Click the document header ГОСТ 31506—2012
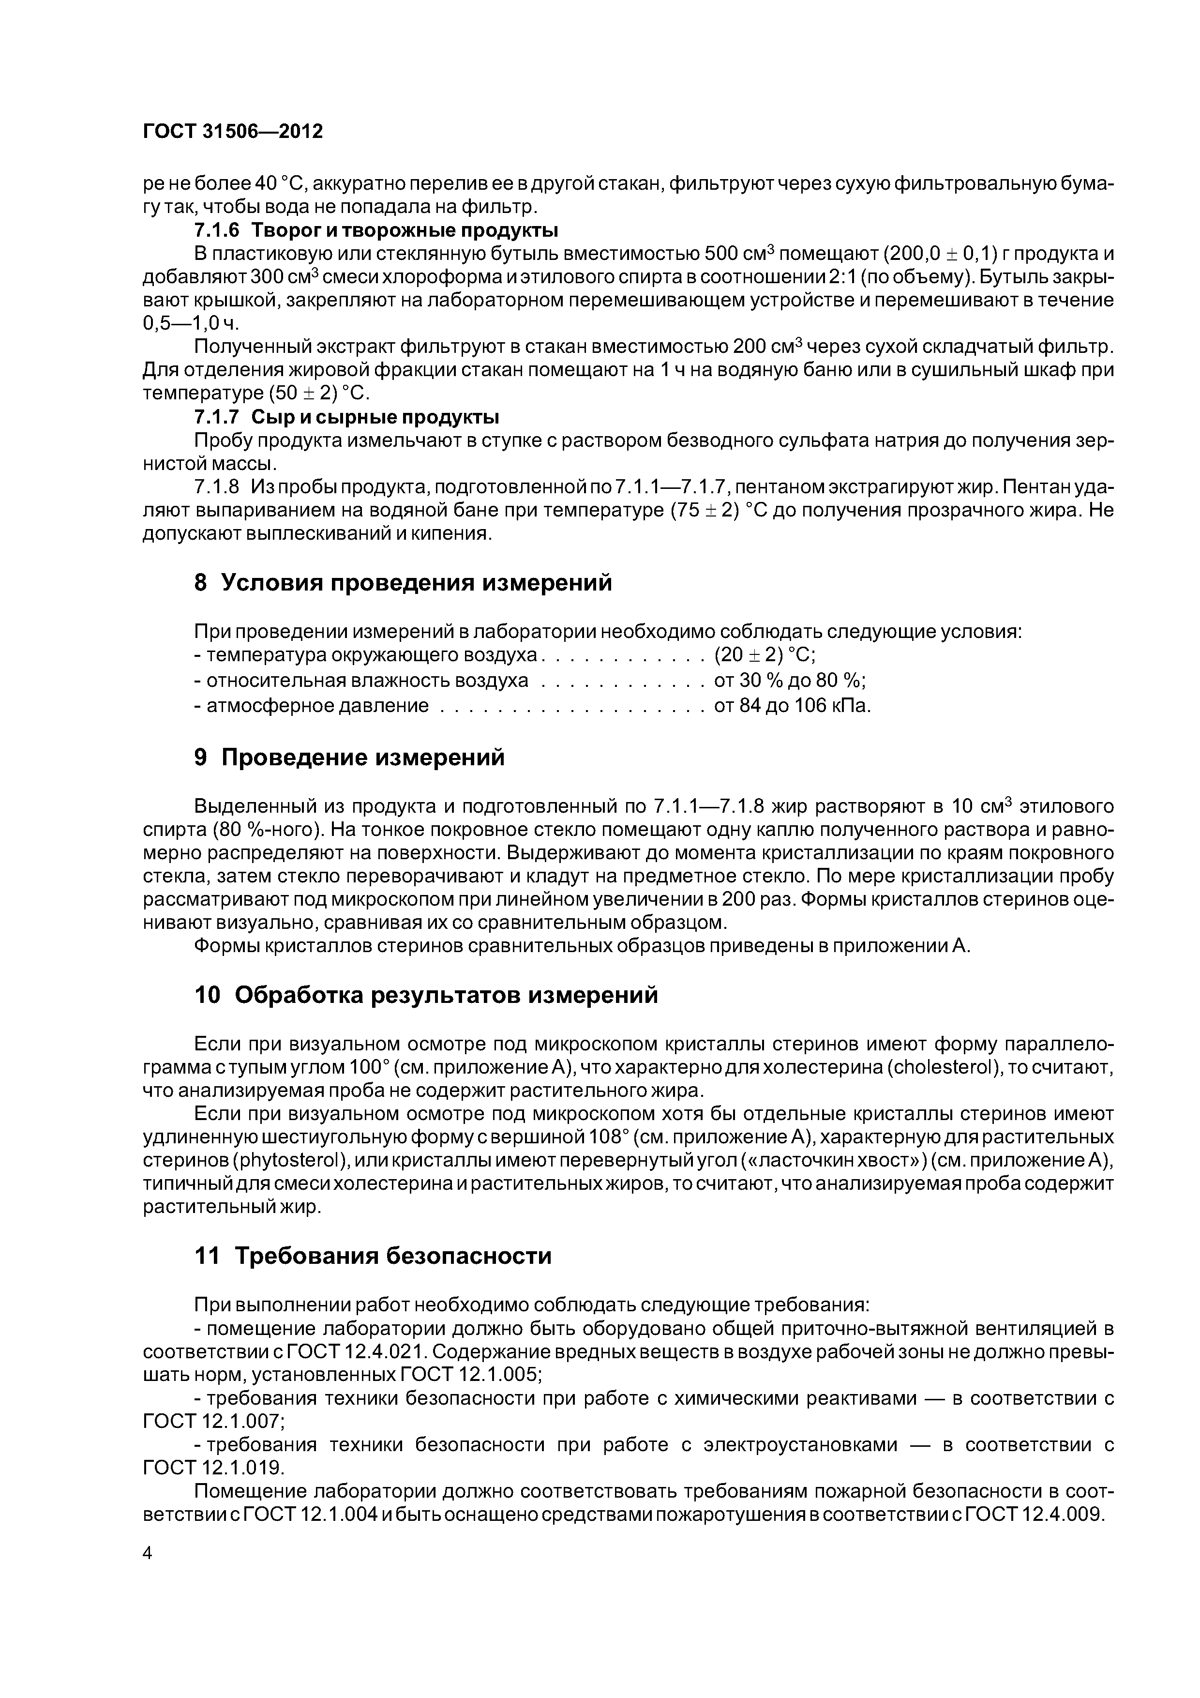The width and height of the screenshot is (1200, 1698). click(x=232, y=132)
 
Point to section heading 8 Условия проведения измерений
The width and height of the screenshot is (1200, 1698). click(x=403, y=583)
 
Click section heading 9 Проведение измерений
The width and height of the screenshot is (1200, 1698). click(x=349, y=758)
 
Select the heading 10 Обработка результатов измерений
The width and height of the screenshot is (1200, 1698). click(x=426, y=996)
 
